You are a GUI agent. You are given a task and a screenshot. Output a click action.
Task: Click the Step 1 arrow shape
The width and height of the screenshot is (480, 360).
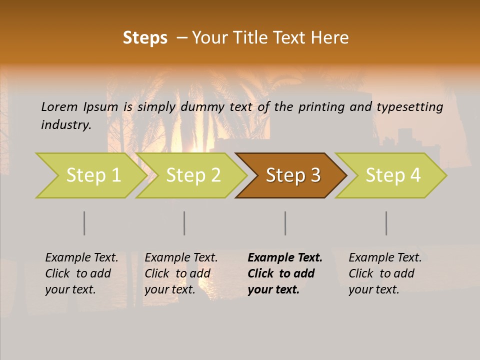92,175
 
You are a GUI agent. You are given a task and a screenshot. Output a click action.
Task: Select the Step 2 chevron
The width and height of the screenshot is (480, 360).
192,175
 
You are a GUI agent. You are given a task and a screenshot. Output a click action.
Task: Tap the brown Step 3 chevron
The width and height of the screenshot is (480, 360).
292,175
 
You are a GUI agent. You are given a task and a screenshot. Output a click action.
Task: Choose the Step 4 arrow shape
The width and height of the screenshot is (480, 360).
392,175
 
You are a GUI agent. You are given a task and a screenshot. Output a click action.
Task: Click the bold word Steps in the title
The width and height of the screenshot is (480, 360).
145,38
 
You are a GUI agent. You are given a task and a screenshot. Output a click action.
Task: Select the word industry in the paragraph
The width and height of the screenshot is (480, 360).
66,125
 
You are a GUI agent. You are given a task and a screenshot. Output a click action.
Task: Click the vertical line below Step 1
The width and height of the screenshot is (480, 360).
84,223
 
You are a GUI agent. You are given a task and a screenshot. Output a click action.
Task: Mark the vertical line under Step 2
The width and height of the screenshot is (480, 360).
184,223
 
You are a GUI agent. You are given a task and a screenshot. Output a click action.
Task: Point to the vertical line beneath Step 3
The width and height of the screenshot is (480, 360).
285,223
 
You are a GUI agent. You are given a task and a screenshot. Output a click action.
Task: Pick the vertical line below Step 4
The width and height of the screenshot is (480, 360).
386,223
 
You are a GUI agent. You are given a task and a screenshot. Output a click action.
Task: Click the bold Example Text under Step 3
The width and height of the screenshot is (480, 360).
285,257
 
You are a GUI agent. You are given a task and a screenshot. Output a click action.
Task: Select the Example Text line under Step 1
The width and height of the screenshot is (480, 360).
81,257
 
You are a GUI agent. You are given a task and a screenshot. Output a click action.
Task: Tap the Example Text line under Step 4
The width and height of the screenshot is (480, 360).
385,257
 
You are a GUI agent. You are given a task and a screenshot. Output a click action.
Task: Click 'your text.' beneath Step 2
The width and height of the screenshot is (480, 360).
170,289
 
